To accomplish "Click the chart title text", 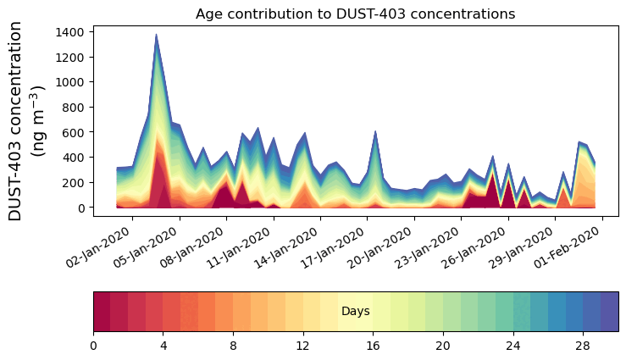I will pyautogui.click(x=355, y=14).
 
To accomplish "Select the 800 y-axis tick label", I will pyautogui.click(x=72, y=108).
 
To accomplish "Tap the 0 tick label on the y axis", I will pyautogui.click(x=81, y=208).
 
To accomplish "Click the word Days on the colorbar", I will pyautogui.click(x=355, y=312).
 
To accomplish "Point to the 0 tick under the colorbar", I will pyautogui.click(x=93, y=346).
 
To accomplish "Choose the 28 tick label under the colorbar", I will pyautogui.click(x=583, y=346).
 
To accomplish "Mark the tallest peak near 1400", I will pyautogui.click(x=156, y=36).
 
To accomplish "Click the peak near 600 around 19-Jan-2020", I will pyautogui.click(x=375, y=132).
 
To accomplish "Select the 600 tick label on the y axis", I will pyautogui.click(x=72, y=133).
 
